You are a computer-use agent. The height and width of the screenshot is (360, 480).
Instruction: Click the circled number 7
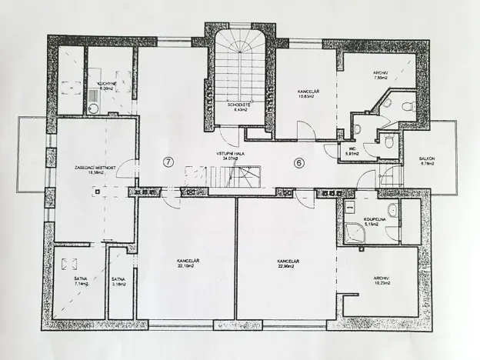coord(168,162)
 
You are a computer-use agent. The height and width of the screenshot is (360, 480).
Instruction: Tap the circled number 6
coord(300,162)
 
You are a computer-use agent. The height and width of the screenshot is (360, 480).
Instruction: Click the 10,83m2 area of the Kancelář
coord(308,98)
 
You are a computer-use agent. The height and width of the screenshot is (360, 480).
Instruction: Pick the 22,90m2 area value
coord(287,266)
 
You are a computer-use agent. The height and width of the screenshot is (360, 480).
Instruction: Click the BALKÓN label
coord(428,159)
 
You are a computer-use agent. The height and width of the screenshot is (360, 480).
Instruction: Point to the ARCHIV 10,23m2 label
coord(381,280)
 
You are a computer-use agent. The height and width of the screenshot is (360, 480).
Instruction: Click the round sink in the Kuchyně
coord(94,108)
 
